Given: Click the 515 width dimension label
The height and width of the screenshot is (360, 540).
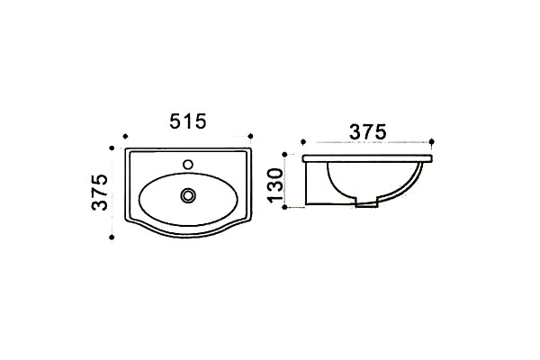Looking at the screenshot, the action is coord(188,121).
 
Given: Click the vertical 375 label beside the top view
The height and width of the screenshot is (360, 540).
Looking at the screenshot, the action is coord(100,193).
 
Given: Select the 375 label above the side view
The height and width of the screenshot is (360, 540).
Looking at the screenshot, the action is coord(368,132).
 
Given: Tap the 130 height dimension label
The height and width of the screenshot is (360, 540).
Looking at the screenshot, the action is coord(276,184).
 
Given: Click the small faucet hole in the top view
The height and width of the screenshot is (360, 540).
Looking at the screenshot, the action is coord(188,165).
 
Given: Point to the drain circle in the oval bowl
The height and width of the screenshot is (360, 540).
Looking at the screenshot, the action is coord(188,195).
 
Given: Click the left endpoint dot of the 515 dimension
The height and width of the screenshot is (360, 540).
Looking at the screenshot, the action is coord(125,137).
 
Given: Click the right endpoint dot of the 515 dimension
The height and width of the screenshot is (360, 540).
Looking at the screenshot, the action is coord(250,137).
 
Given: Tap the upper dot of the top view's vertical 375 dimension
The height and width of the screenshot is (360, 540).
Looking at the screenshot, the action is coord(112,148).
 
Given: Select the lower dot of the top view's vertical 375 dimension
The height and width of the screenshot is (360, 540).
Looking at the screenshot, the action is coord(112,237).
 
